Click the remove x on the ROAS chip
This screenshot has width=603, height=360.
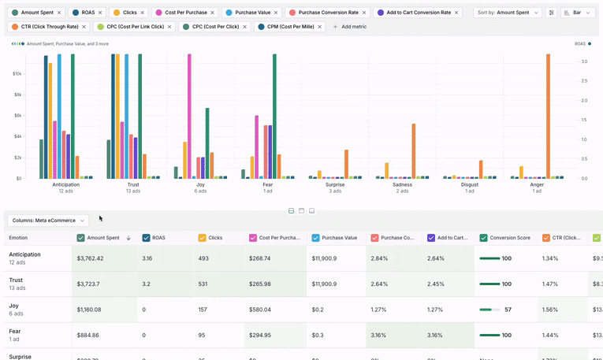(x=101, y=13)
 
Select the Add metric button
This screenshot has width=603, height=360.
(x=348, y=27)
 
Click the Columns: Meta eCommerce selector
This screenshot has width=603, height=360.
(x=47, y=220)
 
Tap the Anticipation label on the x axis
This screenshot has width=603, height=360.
(x=66, y=184)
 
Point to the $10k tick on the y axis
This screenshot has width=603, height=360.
(x=17, y=73)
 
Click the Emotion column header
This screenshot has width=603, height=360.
(x=18, y=237)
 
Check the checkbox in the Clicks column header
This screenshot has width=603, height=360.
(x=203, y=237)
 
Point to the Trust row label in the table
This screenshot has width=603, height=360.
(x=17, y=280)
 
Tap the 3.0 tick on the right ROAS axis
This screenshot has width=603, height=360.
(x=583, y=61)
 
